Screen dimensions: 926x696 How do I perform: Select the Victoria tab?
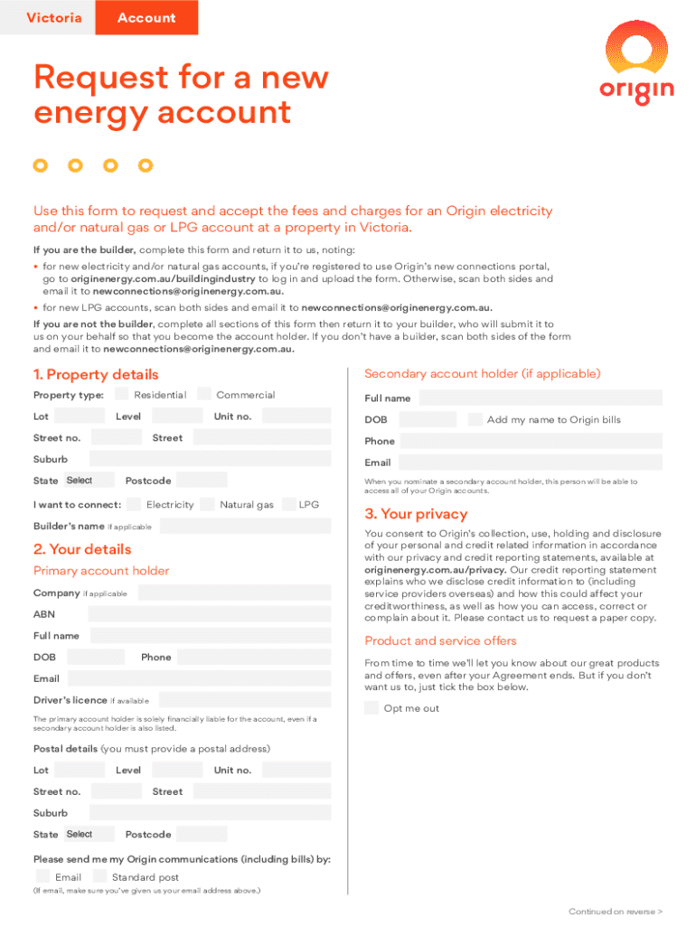(53, 18)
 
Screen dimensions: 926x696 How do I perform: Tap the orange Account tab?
(146, 18)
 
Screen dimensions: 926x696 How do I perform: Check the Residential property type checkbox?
(121, 394)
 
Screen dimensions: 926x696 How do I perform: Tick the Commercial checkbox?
(204, 394)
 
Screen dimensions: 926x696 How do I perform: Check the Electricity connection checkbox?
(134, 505)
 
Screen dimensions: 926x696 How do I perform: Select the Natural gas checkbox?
(208, 505)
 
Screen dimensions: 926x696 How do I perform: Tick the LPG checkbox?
(289, 505)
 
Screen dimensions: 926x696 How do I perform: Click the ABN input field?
(210, 614)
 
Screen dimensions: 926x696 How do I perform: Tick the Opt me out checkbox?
(372, 708)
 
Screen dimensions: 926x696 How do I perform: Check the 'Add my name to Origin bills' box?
(475, 420)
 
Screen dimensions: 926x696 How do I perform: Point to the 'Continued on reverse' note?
(616, 912)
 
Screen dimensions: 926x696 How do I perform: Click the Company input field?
(233, 593)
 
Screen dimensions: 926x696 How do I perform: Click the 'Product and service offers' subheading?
(440, 641)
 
